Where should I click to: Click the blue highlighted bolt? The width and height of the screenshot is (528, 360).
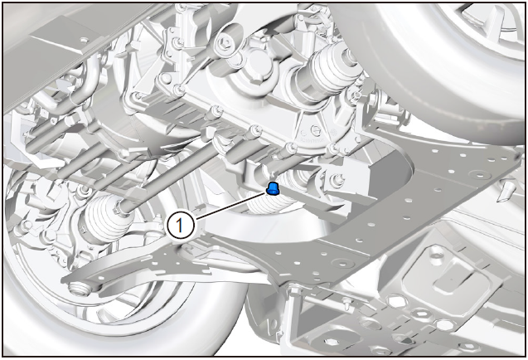tap(273, 188)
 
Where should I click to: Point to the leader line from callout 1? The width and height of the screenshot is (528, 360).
tap(230, 206)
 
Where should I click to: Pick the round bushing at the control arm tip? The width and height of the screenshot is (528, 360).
tap(80, 289)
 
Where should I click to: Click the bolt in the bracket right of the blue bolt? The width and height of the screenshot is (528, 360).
tap(337, 179)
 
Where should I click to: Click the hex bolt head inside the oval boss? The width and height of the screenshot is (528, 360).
tap(223, 42)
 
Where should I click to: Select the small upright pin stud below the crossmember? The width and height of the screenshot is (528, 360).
tap(346, 304)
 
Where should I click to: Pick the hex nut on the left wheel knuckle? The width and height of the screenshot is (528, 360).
tap(26, 225)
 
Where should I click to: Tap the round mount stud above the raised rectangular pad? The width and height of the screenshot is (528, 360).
tap(436, 251)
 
